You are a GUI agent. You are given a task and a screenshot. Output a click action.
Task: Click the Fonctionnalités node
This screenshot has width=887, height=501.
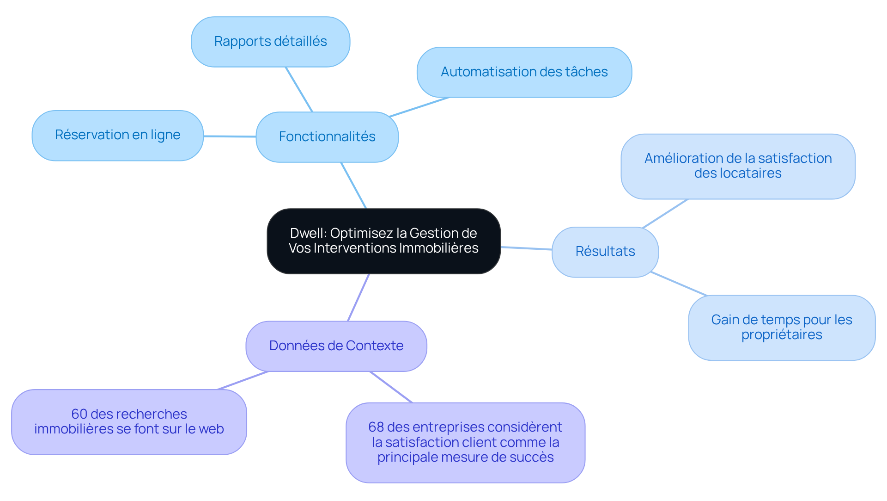click(x=327, y=137)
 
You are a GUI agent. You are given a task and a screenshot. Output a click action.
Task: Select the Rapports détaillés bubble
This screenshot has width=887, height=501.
click(x=270, y=42)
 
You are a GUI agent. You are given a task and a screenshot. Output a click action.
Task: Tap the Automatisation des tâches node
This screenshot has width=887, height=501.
click(x=524, y=72)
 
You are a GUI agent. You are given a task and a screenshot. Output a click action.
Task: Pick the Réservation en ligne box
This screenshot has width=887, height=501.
click(x=117, y=135)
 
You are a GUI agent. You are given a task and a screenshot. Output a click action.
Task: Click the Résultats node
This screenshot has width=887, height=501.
click(x=605, y=252)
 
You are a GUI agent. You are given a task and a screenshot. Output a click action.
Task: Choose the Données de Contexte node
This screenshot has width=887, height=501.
click(x=336, y=346)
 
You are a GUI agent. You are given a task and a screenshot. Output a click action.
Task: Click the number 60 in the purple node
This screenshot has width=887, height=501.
click(x=79, y=414)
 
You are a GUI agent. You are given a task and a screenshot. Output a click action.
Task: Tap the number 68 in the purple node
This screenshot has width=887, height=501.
click(x=376, y=427)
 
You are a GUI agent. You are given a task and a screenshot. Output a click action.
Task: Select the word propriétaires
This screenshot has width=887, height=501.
click(x=782, y=335)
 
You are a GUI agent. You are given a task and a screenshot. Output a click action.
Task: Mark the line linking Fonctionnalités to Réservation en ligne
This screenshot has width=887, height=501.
click(x=230, y=136)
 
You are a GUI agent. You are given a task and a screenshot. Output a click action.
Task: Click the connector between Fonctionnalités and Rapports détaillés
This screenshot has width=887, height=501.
click(x=299, y=89)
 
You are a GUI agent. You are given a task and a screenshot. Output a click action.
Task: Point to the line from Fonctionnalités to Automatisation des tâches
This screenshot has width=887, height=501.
click(x=419, y=107)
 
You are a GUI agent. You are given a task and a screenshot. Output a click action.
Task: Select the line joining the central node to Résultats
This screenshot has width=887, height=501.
click(x=526, y=248)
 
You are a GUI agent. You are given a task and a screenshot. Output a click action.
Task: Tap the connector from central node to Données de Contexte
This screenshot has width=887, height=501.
click(x=358, y=297)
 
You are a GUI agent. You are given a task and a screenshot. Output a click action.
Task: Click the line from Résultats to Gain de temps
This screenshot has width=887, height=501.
click(x=679, y=284)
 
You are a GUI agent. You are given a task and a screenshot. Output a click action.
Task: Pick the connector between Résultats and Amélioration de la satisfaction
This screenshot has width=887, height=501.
click(x=665, y=213)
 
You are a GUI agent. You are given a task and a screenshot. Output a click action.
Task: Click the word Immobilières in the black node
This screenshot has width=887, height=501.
click(x=438, y=248)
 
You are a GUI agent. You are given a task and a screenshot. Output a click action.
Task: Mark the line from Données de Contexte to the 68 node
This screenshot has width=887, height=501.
click(x=391, y=387)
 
